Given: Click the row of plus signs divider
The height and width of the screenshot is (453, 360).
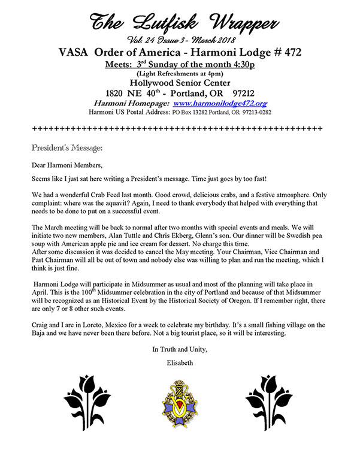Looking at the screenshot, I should [x=177, y=128].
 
